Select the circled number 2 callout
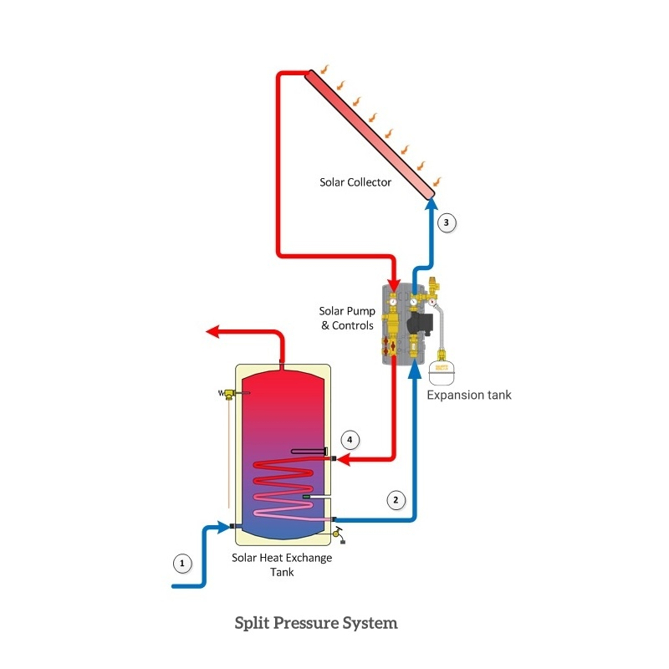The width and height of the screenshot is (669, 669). click(x=396, y=500)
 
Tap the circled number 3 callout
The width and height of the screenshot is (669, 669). click(x=447, y=222)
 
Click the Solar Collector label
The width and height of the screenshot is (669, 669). click(x=355, y=181)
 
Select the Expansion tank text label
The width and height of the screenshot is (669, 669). click(x=469, y=395)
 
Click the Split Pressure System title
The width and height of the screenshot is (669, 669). click(x=316, y=623)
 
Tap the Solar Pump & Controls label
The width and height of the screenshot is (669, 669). click(x=347, y=319)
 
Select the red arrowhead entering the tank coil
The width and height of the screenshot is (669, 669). click(x=343, y=458)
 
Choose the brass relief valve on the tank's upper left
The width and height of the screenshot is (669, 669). click(x=227, y=393)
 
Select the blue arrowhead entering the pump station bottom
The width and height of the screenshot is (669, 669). click(x=414, y=375)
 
